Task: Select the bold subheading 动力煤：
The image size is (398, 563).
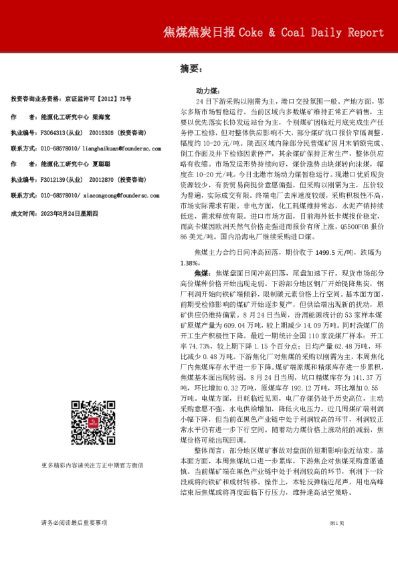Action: (x=205, y=89)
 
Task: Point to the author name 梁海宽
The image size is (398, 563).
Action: (x=102, y=116)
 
